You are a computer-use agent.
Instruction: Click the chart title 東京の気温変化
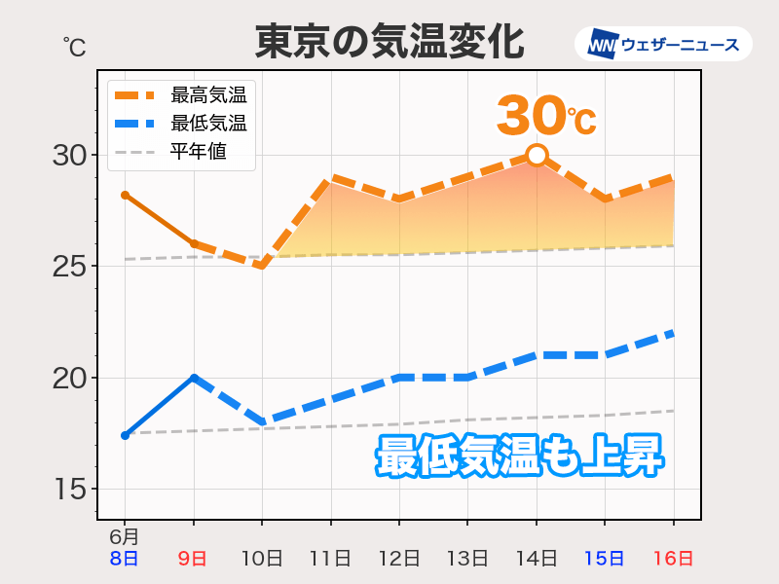389,43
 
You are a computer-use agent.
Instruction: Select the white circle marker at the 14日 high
537,155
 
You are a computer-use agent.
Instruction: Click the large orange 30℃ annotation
545,116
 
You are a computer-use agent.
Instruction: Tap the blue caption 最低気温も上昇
520,456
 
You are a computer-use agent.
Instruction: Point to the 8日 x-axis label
125,558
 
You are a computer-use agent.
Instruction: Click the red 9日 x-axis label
193,558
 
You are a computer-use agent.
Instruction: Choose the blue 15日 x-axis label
605,558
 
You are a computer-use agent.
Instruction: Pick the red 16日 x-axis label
673,558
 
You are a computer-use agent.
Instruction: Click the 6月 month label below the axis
124,536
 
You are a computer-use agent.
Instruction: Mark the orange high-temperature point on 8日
125,195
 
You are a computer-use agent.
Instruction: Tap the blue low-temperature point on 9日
194,378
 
